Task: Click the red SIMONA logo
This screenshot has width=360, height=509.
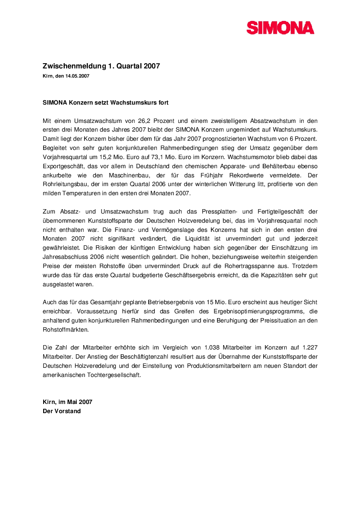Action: [x=280, y=28]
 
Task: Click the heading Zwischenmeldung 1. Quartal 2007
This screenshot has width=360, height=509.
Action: [x=101, y=66]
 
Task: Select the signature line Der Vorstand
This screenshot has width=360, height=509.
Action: [x=61, y=411]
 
